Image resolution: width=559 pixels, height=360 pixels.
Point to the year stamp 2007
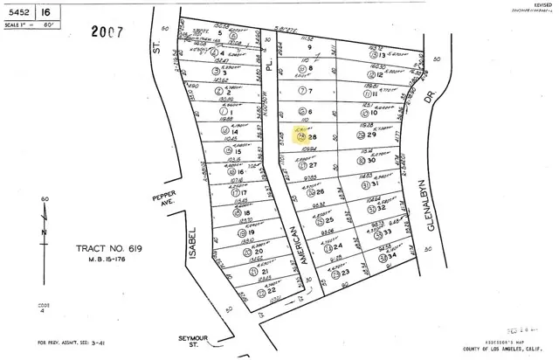click(107, 32)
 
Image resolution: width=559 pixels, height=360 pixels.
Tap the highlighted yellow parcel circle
click(302, 136)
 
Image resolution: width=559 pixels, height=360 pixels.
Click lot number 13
click(382, 55)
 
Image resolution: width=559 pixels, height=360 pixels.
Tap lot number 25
click(328, 219)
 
